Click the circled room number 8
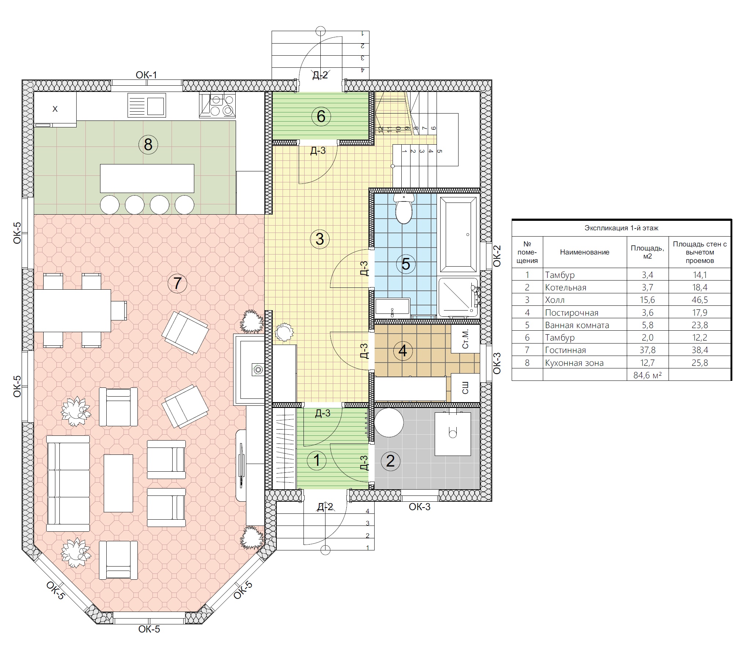(148, 144)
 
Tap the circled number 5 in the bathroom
(406, 264)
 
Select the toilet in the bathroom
(404, 209)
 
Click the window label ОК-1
(146, 75)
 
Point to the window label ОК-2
(497, 256)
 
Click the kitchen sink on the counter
(147, 105)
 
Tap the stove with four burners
(217, 105)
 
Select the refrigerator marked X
(55, 109)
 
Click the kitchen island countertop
(147, 178)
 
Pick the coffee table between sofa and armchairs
(118, 483)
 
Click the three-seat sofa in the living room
(68, 483)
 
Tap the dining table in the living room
(73, 311)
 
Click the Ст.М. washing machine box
(465, 339)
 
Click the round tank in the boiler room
(389, 423)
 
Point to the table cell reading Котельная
(566, 287)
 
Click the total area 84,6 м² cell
(647, 375)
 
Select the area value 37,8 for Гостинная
(647, 350)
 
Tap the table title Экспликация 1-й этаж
(621, 228)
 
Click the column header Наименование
(585, 252)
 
